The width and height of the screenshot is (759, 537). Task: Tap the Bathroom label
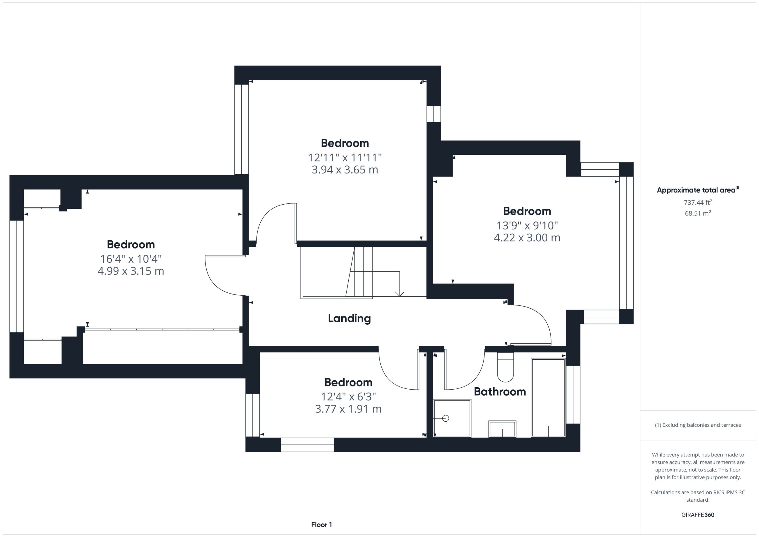click(500, 392)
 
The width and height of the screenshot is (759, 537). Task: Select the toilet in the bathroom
click(506, 367)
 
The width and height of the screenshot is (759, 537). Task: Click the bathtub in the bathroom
click(548, 398)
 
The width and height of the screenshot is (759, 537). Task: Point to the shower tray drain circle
click(446, 419)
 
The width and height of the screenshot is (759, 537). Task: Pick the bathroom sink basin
click(503, 429)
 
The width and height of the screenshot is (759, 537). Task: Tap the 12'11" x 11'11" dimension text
click(345, 157)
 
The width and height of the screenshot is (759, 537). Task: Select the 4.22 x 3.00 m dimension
click(527, 238)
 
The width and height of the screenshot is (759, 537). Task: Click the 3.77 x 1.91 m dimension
click(348, 409)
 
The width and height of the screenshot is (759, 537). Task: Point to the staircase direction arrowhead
click(400, 294)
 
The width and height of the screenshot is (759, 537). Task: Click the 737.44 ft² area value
click(698, 202)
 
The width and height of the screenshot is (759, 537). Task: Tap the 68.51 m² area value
click(698, 213)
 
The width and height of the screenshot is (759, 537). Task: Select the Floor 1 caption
click(321, 525)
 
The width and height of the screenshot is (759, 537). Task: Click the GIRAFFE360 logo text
click(698, 515)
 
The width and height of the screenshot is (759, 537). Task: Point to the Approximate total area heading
click(698, 190)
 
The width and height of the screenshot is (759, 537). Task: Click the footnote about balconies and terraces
click(698, 425)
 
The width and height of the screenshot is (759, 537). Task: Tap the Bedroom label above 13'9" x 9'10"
click(527, 211)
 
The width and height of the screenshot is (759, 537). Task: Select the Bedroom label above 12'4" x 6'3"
click(348, 383)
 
